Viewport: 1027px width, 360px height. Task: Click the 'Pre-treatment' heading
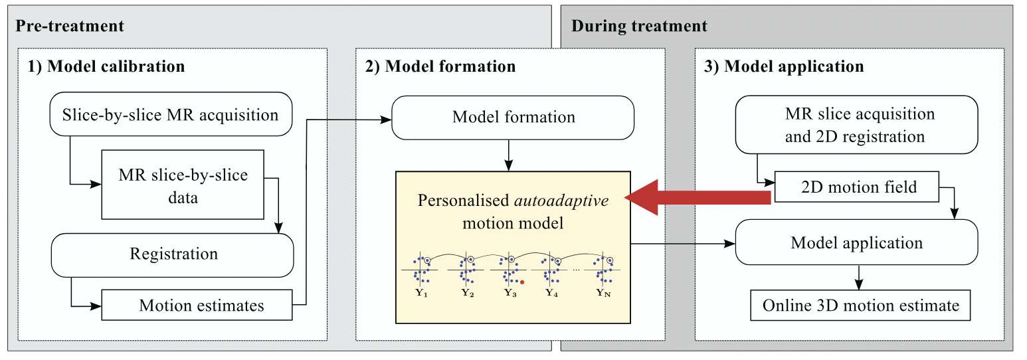click(x=70, y=27)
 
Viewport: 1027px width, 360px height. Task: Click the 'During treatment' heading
click(x=639, y=27)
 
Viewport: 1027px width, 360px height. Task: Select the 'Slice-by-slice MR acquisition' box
click(x=171, y=115)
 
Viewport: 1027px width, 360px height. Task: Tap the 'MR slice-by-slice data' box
click(x=183, y=185)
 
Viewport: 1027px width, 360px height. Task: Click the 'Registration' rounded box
click(x=173, y=254)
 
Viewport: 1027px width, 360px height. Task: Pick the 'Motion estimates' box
click(x=197, y=306)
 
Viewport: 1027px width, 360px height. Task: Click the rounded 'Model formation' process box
click(x=513, y=118)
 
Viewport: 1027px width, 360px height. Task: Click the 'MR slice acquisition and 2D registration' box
click(x=856, y=125)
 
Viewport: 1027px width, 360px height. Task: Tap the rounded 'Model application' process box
click(x=856, y=242)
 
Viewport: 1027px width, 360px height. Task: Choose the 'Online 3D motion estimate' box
click(x=860, y=306)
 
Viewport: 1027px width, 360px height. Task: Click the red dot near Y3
click(x=523, y=282)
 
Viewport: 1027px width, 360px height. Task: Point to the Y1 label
click(x=420, y=293)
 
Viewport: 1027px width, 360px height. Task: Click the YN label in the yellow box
click(x=603, y=293)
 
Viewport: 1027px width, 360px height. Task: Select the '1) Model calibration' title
click(x=106, y=66)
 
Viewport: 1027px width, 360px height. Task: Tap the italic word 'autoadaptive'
click(x=562, y=200)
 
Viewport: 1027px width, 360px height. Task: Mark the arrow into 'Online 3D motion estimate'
click(x=860, y=277)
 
